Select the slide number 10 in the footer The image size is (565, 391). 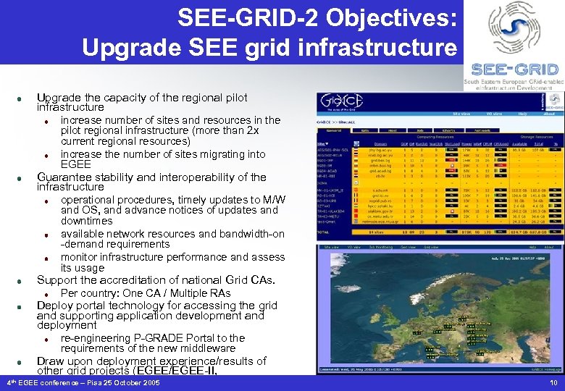pyautogui.click(x=553, y=382)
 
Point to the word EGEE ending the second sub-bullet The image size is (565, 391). pyautogui.click(x=76, y=164)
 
